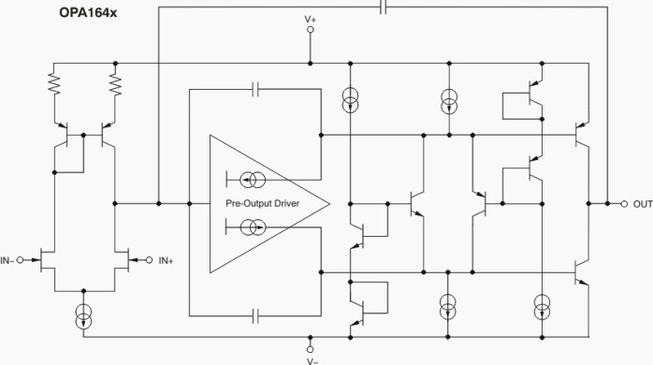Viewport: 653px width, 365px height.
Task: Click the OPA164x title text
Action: (41, 12)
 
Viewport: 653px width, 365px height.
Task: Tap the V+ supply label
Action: (311, 18)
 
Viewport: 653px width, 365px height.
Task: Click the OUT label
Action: (642, 203)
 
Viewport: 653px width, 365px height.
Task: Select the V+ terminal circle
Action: (311, 30)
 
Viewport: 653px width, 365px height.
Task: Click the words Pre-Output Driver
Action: (262, 203)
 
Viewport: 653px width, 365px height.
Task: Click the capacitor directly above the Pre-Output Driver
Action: (257, 90)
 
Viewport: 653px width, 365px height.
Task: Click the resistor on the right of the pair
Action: (116, 85)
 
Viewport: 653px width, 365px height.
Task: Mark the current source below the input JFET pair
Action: (85, 315)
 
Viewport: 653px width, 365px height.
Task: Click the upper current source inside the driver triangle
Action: (254, 179)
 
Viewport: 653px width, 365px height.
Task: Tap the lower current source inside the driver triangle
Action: (254, 227)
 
